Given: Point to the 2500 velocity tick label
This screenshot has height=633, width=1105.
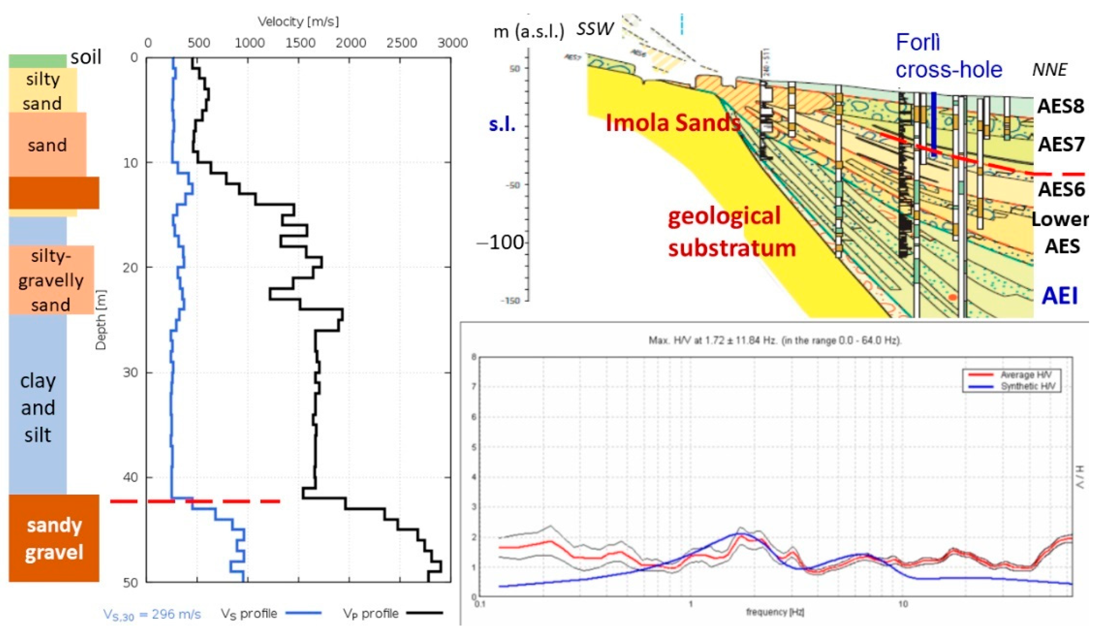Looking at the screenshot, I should (402, 43).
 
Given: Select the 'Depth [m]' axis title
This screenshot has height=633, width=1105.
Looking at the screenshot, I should (101, 320).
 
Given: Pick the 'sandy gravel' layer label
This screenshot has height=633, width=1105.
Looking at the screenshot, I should (54, 539).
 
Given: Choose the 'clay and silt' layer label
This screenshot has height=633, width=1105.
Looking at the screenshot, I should (38, 407).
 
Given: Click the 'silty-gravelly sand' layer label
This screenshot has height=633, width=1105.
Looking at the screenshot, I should (51, 280).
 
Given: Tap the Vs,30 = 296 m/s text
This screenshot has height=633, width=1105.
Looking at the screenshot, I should (152, 614).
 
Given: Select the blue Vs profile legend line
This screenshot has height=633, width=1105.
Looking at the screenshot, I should (303, 613).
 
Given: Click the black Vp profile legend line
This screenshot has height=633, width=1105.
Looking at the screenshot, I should (425, 613).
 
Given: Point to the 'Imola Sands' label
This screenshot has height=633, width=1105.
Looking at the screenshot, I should (673, 123).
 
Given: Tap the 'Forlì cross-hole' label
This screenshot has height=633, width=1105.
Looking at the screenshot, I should (949, 56).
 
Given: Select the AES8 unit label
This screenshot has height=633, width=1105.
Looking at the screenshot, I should (1060, 106).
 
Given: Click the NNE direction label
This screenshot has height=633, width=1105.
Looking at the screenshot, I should (1049, 70).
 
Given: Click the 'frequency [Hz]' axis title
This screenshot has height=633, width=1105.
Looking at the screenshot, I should (775, 612).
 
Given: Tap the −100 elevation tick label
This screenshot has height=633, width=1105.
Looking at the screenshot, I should (500, 242).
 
